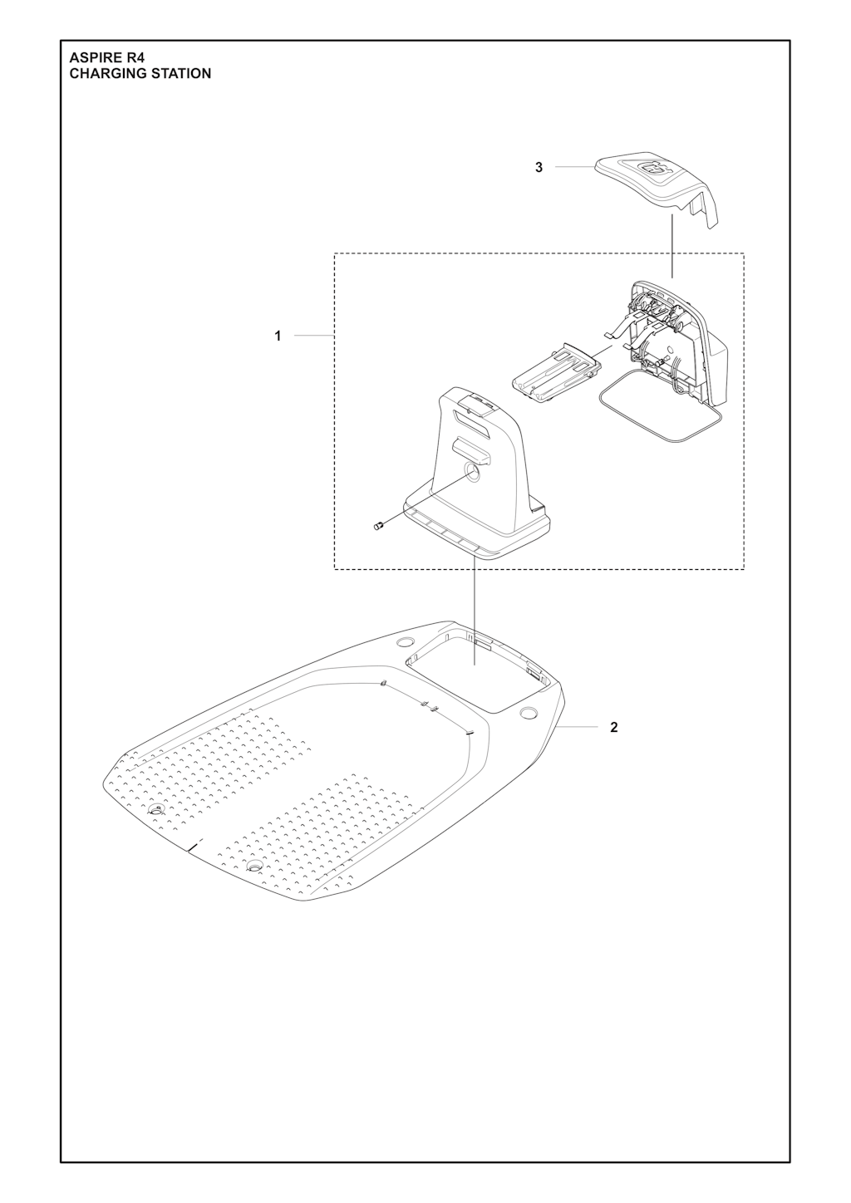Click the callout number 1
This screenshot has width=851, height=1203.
278,336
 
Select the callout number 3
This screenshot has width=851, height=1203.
539,168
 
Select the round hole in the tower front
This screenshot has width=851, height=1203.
472,472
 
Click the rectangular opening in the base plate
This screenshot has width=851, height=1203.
478,672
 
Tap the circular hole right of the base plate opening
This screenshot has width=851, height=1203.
529,712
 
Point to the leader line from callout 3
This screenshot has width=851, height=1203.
573,167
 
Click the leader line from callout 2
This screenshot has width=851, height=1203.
577,727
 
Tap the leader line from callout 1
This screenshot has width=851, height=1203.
314,336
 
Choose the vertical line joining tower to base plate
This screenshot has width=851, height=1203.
475,611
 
